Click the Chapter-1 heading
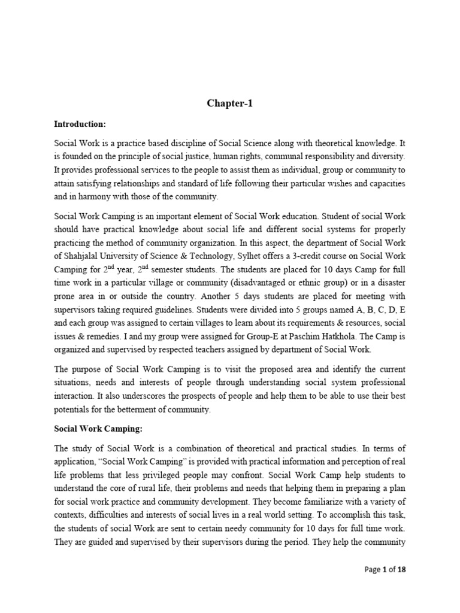point(230,103)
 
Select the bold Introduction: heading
point(80,124)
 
